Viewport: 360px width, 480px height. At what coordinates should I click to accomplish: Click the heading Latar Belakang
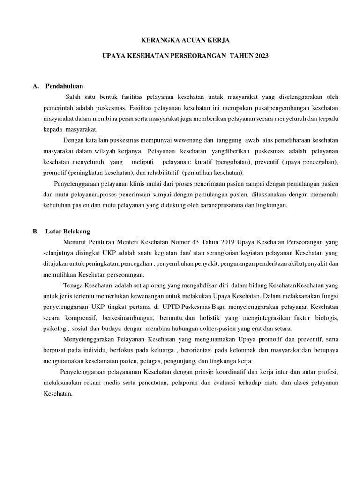[68, 232]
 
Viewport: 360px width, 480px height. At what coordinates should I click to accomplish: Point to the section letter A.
[35, 86]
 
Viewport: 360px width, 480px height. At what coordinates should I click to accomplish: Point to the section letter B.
[35, 232]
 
